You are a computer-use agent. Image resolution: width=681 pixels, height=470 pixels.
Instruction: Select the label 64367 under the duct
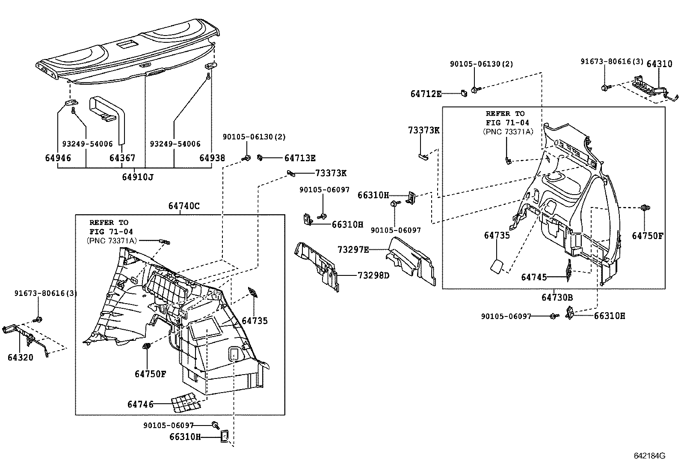point(122,158)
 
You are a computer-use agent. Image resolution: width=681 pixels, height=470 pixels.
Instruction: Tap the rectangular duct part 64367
point(107,112)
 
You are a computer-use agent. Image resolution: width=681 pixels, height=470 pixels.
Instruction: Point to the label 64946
point(58,158)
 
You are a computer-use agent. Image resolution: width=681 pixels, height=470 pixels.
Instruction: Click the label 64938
point(212,158)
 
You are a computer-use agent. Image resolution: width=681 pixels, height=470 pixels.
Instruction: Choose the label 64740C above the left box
point(184,206)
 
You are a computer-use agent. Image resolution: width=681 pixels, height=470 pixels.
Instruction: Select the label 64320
point(20,357)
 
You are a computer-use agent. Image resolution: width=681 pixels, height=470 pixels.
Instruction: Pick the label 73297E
point(353,249)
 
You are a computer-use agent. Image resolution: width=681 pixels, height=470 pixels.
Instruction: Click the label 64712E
point(426,94)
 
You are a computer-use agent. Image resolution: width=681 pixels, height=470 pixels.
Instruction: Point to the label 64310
point(659,64)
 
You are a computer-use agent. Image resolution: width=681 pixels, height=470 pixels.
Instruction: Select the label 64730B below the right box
point(557,297)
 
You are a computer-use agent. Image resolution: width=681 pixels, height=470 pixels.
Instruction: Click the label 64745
point(534,277)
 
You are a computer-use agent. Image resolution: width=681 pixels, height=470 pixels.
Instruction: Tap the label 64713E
point(300,158)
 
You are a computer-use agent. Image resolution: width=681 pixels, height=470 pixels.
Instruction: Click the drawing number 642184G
point(649,455)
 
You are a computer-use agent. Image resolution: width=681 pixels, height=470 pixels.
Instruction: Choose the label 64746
point(140,404)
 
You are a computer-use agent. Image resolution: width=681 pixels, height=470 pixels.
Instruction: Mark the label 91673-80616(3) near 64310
point(611,62)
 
